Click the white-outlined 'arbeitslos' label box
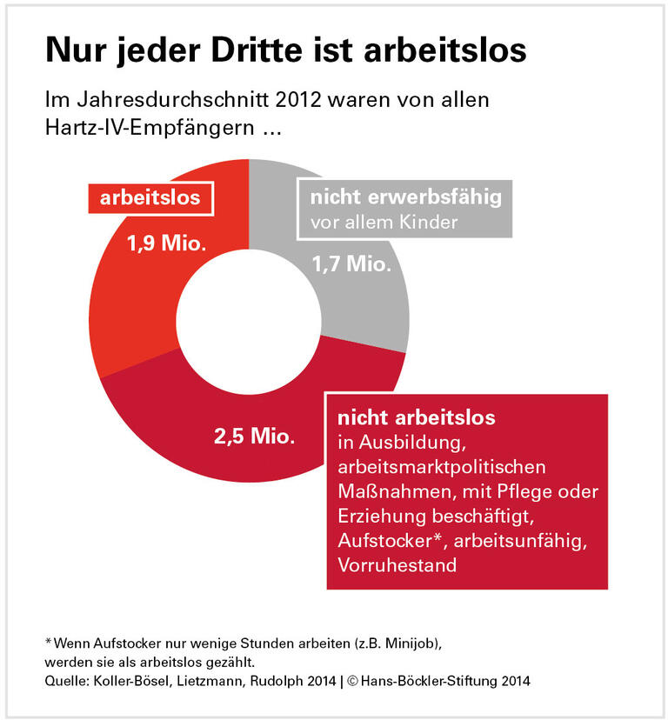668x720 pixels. tap(150, 197)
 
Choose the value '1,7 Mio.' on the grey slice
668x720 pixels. tap(351, 263)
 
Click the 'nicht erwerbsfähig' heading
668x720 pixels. tap(406, 197)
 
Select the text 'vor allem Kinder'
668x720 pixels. tap(384, 223)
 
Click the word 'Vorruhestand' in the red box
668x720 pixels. tap(396, 565)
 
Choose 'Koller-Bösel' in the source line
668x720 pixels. tap(121, 681)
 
